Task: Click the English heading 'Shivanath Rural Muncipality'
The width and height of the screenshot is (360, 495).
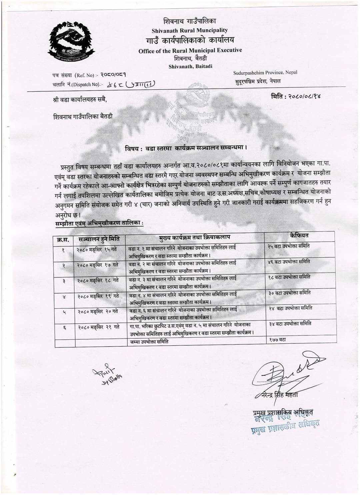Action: click(x=190, y=30)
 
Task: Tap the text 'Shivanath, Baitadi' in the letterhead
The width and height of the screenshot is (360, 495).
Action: click(x=190, y=66)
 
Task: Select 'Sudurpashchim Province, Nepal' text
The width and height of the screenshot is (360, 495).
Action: click(x=265, y=72)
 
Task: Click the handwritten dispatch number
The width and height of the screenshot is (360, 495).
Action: click(x=131, y=84)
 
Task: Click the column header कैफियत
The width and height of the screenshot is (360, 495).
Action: click(x=299, y=235)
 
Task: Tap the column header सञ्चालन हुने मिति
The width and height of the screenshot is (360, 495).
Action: click(x=99, y=239)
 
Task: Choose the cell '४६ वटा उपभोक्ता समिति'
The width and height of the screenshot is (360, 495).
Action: click(x=289, y=262)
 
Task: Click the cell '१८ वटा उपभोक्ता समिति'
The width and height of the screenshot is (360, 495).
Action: click(x=289, y=277)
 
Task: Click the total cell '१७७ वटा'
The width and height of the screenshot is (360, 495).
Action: click(x=277, y=339)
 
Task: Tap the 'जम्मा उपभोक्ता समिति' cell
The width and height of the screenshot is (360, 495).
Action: click(x=149, y=341)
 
